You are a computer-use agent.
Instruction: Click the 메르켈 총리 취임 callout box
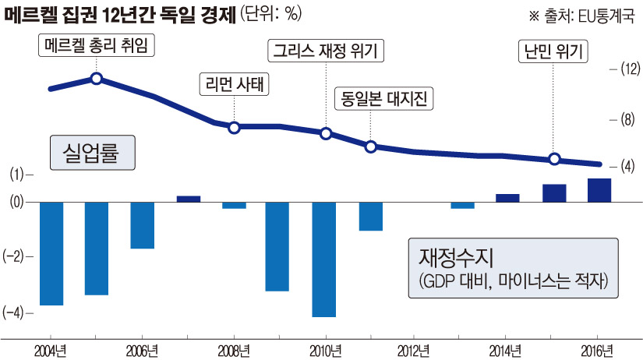96,47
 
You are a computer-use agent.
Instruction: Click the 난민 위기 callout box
553,51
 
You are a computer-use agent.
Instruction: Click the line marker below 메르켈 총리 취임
97,78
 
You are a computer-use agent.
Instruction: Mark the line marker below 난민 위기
554,159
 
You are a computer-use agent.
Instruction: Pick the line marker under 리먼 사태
234,126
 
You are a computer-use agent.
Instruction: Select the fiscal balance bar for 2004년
51,253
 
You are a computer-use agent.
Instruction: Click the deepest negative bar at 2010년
323,259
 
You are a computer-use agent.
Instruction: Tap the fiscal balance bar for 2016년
599,190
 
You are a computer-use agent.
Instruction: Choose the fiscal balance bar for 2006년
142,225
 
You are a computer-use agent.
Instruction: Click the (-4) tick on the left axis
13,312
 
